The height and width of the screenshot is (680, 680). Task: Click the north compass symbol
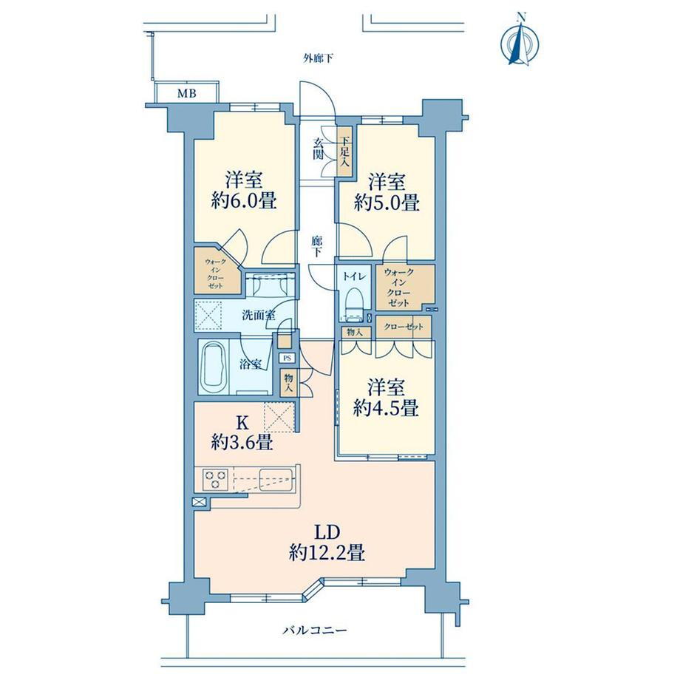(520, 43)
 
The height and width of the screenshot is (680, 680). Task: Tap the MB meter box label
(186, 93)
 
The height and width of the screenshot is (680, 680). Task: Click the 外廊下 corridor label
(318, 58)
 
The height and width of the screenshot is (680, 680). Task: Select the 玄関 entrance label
(319, 149)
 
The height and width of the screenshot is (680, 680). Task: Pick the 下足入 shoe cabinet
(344, 151)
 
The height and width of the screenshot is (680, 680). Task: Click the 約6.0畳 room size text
(244, 201)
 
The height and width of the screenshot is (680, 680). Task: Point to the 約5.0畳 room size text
(387, 202)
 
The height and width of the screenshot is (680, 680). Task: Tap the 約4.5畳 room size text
(386, 408)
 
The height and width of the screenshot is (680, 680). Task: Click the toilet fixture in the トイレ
(354, 304)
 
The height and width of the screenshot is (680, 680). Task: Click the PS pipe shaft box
(287, 358)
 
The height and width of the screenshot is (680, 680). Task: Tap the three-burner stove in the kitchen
(215, 479)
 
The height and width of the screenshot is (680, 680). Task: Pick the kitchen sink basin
(276, 479)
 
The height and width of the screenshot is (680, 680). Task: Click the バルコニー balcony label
(316, 630)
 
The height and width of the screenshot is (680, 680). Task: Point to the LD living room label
(327, 532)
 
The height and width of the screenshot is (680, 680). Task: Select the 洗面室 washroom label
(259, 316)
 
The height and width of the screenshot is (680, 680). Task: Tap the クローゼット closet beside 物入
(404, 327)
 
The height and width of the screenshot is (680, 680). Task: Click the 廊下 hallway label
(317, 246)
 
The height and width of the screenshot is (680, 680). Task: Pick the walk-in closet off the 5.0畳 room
(405, 287)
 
